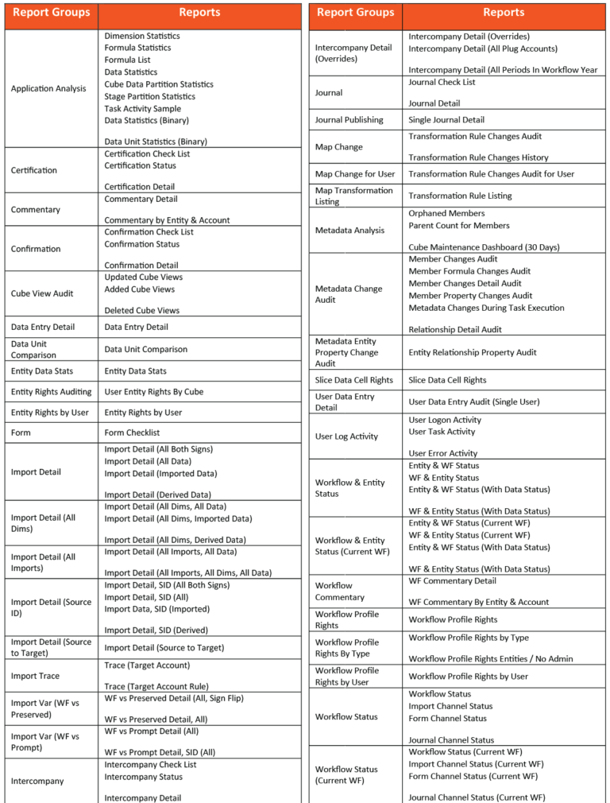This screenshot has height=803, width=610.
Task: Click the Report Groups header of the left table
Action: point(51,13)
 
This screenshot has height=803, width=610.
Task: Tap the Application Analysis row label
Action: point(48,88)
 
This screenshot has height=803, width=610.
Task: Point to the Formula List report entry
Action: point(127,60)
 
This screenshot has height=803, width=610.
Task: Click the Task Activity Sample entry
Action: point(142,109)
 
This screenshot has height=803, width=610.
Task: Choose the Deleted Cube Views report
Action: point(142,310)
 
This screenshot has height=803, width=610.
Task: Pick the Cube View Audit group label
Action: point(42,293)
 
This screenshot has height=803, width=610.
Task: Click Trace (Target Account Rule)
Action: point(156,687)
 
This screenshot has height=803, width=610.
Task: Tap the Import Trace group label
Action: point(35,676)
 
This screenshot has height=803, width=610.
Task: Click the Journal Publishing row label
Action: point(349,120)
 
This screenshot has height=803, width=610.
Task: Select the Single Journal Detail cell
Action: point(446,120)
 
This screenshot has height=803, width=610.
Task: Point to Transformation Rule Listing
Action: point(460,196)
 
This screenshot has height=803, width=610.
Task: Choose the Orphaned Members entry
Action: point(446,213)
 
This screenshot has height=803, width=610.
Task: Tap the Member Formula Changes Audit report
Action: point(469,271)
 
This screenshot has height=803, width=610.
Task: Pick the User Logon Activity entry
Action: point(445,420)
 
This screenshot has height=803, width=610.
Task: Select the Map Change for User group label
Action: point(355,174)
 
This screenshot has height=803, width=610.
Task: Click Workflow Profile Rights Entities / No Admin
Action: point(491,658)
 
